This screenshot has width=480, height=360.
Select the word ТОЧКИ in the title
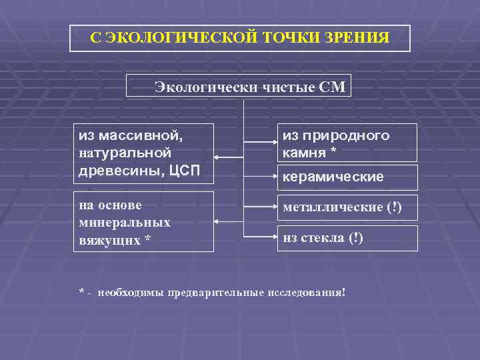click(x=291, y=37)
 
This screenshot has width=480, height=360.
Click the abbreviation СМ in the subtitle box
click(x=333, y=87)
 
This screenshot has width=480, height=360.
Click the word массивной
click(x=141, y=136)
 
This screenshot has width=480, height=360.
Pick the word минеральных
click(x=125, y=222)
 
